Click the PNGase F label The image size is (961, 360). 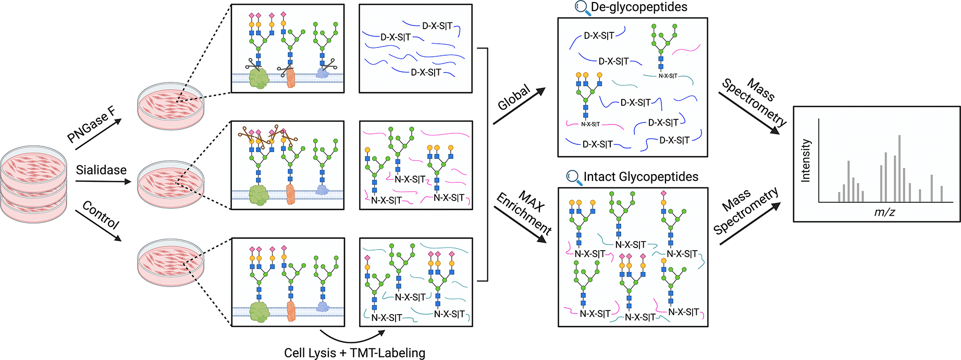92,125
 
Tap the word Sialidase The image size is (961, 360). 101,170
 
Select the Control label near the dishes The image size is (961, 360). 101,215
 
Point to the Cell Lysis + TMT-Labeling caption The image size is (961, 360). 354,353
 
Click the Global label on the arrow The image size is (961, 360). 514,97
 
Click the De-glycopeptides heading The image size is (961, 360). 638,7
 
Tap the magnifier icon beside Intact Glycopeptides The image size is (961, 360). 574,178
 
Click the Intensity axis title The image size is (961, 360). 806,160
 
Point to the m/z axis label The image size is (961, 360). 884,212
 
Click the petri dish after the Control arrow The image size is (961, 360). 171,263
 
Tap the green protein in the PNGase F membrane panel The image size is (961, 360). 258,79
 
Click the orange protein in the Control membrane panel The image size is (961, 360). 291,311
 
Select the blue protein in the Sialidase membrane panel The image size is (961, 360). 322,190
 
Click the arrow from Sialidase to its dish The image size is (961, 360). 103,181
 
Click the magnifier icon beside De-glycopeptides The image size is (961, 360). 581,7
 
